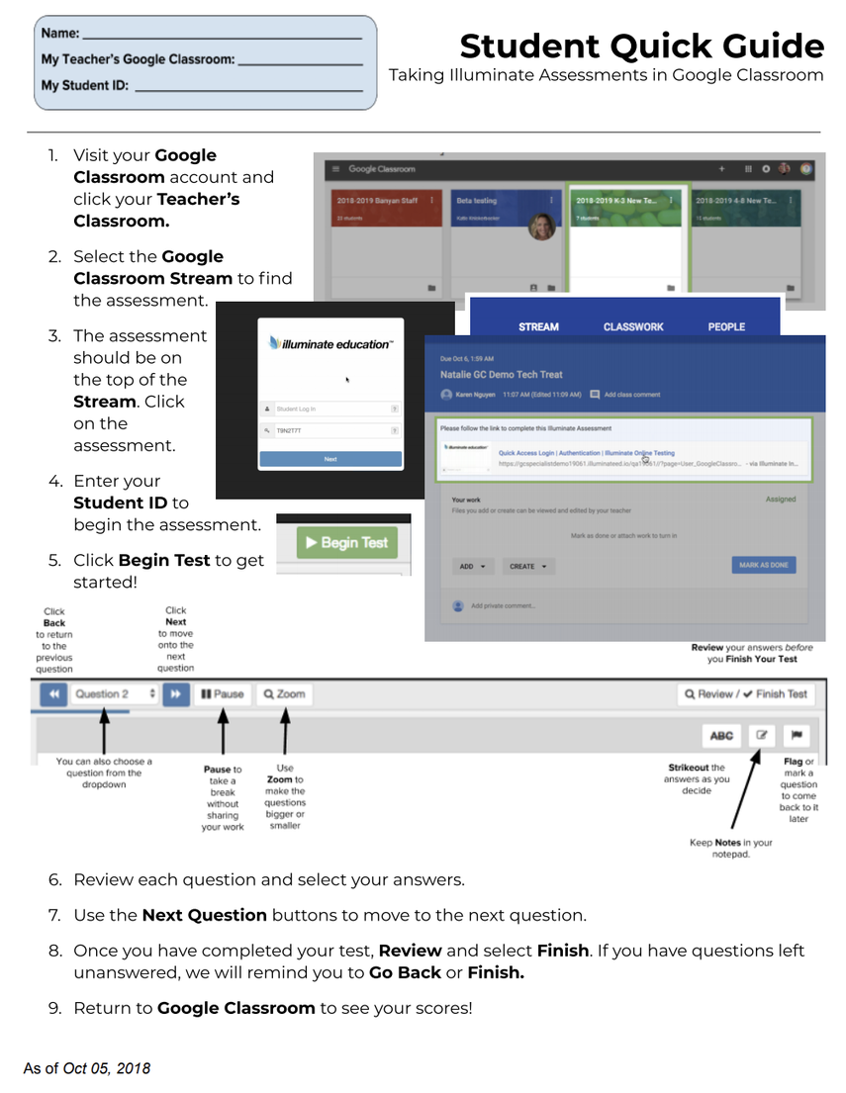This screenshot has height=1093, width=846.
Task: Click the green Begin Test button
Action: click(345, 542)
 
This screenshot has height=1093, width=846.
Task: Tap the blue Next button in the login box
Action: click(330, 459)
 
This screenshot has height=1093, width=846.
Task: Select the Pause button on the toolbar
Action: click(223, 694)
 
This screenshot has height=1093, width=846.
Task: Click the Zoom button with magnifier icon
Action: click(284, 694)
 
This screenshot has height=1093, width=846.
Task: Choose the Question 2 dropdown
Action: click(115, 694)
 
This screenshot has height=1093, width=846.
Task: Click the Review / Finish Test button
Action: click(745, 694)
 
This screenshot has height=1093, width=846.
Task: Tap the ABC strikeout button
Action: click(721, 735)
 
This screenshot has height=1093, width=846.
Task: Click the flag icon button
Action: click(797, 735)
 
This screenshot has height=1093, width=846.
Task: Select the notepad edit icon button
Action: click(761, 735)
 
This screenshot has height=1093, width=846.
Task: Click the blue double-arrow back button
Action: click(53, 694)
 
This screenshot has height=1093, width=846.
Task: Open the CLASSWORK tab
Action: click(633, 326)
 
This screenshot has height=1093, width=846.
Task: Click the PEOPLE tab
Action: click(726, 326)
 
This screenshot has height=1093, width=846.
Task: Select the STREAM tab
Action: click(538, 326)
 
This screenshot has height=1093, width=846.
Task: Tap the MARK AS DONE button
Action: click(763, 566)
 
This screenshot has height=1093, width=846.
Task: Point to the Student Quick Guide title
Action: click(641, 46)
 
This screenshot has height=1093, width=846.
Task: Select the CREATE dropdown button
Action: click(528, 567)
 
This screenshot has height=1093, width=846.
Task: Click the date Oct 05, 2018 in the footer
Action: click(106, 1068)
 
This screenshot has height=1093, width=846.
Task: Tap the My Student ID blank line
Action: click(247, 88)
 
